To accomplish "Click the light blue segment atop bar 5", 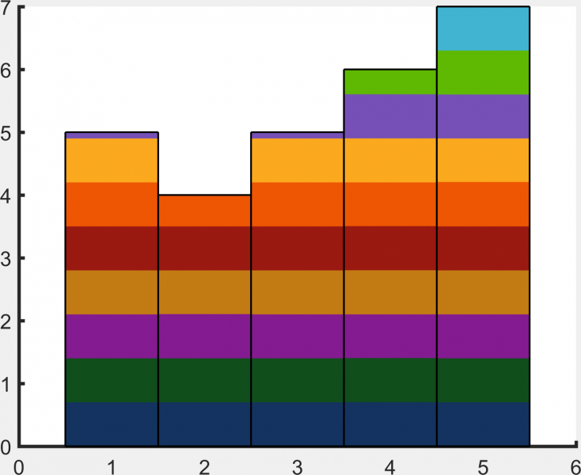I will [x=483, y=28].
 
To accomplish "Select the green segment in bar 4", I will [x=390, y=82].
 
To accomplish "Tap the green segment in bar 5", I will [x=483, y=72].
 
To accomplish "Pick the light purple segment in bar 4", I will [x=390, y=116].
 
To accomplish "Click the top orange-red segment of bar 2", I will [x=205, y=211].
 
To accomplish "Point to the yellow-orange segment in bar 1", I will [x=112, y=161].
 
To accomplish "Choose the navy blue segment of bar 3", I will [x=298, y=424].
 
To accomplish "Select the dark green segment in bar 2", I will [x=205, y=380].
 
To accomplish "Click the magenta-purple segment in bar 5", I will [x=483, y=336].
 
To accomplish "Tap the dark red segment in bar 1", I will [x=112, y=249].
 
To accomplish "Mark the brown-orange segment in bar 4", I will [x=390, y=292].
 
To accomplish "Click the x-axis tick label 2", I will [x=205, y=466].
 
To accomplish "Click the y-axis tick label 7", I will [x=6, y=9].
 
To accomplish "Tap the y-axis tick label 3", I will [x=6, y=259].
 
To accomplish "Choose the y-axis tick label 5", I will [x=6, y=133].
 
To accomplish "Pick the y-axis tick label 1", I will [x=6, y=385].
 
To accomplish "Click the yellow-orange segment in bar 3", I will [x=298, y=161].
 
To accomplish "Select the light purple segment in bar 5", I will [x=483, y=116].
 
